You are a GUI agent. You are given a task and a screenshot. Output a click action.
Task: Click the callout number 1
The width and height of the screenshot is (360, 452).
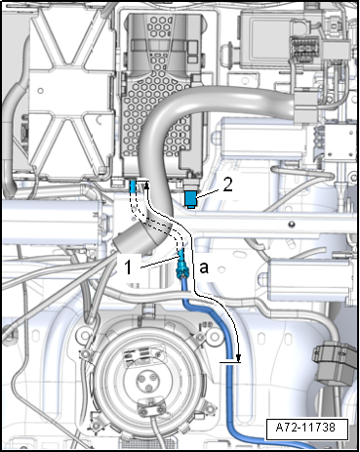(x=129, y=267)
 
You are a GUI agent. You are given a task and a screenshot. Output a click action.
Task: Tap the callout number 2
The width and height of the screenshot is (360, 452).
(x=227, y=185)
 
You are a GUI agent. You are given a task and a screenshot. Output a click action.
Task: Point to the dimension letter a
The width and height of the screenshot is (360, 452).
(x=204, y=268)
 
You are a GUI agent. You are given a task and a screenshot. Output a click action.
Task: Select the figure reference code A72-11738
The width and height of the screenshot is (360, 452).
(x=305, y=427)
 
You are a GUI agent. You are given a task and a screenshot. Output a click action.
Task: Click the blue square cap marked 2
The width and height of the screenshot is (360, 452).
(x=191, y=199)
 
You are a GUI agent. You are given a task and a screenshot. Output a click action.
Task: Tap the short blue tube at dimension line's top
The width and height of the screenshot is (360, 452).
(x=133, y=187)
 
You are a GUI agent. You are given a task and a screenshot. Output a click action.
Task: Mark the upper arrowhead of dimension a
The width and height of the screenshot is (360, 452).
(x=146, y=185)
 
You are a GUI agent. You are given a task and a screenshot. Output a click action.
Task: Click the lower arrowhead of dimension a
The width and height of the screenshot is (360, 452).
(x=239, y=358)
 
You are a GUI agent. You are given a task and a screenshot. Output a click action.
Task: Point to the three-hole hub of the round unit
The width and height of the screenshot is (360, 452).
(x=143, y=382)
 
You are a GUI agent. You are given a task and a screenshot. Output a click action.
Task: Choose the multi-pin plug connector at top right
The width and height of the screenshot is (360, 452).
(x=304, y=48)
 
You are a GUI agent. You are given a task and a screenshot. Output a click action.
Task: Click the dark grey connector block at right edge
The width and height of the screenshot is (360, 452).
(x=335, y=363)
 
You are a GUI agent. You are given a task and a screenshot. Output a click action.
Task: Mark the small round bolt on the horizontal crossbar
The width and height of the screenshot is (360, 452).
(x=292, y=224)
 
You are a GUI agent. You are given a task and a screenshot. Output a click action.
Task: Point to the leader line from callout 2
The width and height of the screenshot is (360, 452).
(x=209, y=192)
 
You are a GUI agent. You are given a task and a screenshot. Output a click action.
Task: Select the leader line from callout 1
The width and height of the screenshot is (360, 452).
(x=159, y=263)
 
